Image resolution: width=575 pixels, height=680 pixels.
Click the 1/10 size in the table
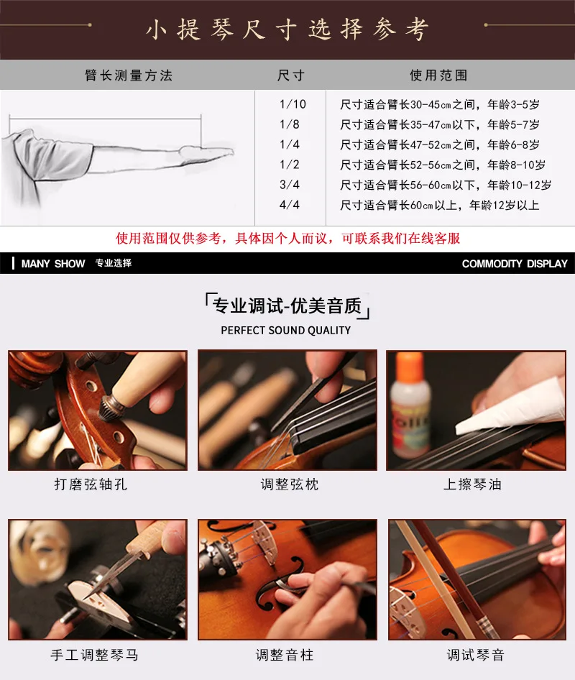[x=293, y=104]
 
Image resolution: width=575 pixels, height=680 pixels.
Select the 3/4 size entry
[x=289, y=185]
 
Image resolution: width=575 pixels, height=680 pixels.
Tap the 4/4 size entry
[x=289, y=205]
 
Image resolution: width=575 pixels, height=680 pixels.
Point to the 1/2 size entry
[x=289, y=165]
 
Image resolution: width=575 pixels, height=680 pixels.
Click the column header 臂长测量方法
[x=129, y=75]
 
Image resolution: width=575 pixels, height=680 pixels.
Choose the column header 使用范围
[x=439, y=75]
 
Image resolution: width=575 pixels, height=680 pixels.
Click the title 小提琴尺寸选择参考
[x=287, y=29]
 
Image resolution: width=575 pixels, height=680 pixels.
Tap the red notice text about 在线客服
[x=287, y=238]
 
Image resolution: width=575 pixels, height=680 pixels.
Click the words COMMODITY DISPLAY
[x=515, y=264]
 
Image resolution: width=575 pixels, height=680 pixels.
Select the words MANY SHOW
[x=53, y=264]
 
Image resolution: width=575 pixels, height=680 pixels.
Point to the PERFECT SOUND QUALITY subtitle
[x=286, y=331]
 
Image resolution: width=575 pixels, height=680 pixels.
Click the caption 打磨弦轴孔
[x=91, y=484]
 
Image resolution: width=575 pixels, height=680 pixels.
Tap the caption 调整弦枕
[x=290, y=484]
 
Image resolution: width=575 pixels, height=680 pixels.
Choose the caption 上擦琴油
[x=472, y=484]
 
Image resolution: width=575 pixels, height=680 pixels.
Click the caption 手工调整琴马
[x=95, y=655]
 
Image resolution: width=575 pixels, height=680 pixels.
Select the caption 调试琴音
[x=476, y=655]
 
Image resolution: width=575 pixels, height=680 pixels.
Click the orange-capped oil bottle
[x=410, y=408]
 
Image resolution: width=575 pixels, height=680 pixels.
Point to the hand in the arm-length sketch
[x=207, y=153]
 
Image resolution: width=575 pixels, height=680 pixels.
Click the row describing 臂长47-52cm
[x=440, y=144]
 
